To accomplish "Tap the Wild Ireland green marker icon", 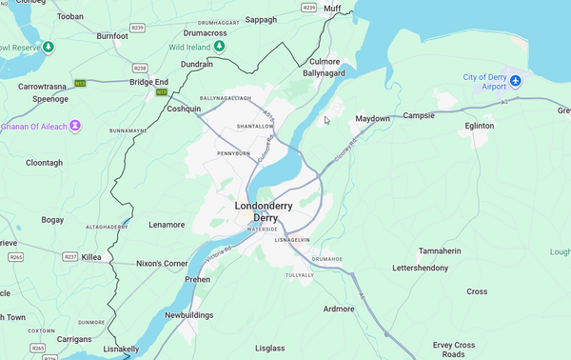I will click(x=220, y=46).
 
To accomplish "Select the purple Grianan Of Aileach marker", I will click(x=74, y=126).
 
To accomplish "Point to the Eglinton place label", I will click(x=480, y=126).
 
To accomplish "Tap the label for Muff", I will click(x=331, y=9).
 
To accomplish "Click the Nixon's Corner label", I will click(x=162, y=263).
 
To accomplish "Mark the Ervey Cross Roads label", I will click(x=453, y=349).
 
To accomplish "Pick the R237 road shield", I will click(x=69, y=257).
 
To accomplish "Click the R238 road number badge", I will click(x=141, y=68).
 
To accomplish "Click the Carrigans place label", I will click(x=75, y=338).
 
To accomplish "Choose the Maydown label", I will click(x=372, y=119).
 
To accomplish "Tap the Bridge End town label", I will click(x=148, y=82).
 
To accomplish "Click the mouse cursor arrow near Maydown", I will click(x=326, y=119).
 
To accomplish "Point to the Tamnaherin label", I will click(x=440, y=251).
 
